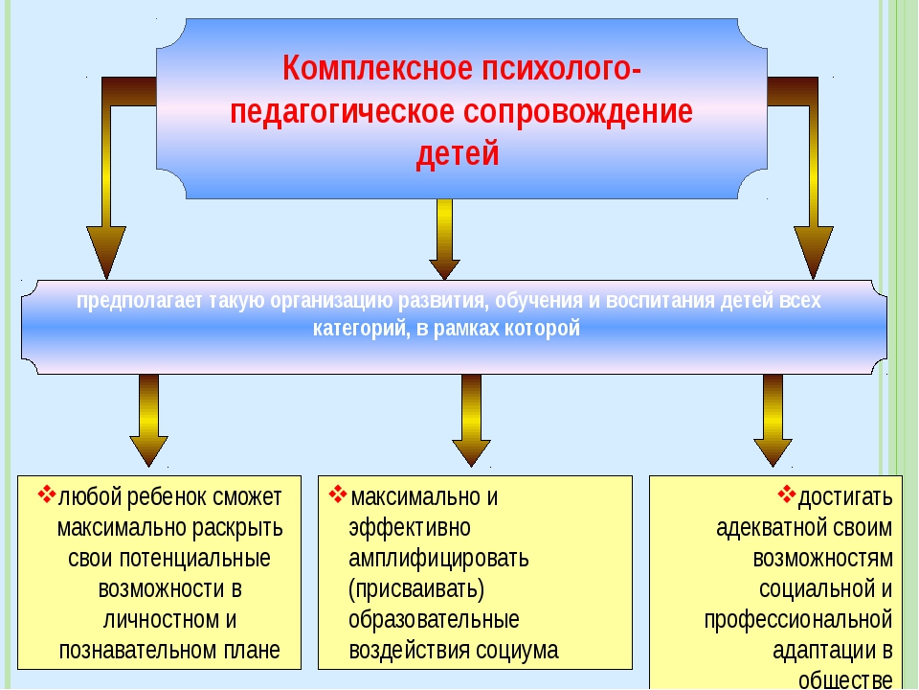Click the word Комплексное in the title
click(377, 68)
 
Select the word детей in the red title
click(458, 153)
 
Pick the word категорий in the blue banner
click(361, 328)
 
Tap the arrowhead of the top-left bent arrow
click(106, 252)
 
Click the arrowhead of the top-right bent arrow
click(814, 252)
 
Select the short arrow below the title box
click(444, 240)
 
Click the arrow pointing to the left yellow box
click(149, 420)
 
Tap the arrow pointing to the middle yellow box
click(471, 420)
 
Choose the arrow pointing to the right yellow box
click(773, 420)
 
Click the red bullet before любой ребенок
click(47, 494)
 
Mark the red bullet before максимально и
click(338, 494)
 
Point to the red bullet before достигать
click(787, 494)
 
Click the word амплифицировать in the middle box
click(438, 559)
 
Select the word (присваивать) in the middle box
click(416, 589)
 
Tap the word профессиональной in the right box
click(798, 620)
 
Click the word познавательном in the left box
click(138, 651)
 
